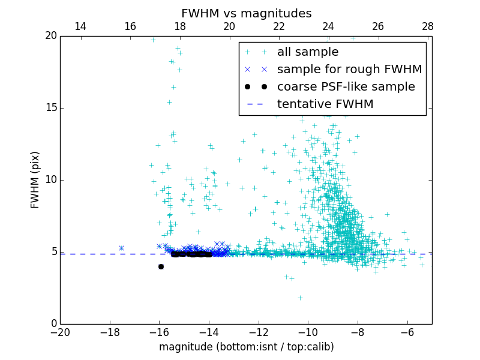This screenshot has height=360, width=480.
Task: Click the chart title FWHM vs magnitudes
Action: [x=246, y=13]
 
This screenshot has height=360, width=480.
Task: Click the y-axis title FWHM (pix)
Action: [x=35, y=180]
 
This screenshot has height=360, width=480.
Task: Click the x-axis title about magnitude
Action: [x=246, y=347]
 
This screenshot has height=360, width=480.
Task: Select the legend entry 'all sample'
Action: [x=307, y=52]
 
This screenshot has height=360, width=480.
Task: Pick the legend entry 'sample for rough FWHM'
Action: [x=349, y=70]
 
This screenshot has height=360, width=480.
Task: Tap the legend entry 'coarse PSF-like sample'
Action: [x=346, y=87]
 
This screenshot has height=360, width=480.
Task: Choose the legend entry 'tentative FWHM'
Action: [x=325, y=104]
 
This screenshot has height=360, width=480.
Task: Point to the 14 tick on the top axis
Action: [x=80, y=27]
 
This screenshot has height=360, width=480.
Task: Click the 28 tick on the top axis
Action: [x=427, y=27]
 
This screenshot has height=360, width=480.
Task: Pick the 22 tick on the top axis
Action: [x=278, y=27]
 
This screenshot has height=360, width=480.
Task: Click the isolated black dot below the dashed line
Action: [x=161, y=266]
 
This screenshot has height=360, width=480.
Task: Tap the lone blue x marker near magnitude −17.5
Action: [x=121, y=248]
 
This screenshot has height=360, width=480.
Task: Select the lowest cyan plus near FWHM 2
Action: [x=300, y=298]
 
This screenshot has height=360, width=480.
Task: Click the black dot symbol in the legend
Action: [x=256, y=87]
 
